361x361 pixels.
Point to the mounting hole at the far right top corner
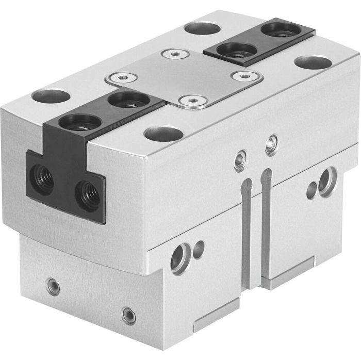click(313, 62)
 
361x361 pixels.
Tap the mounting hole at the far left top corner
click(50, 96)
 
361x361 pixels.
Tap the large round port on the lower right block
click(327, 180)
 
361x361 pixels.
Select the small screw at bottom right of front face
click(129, 315)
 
